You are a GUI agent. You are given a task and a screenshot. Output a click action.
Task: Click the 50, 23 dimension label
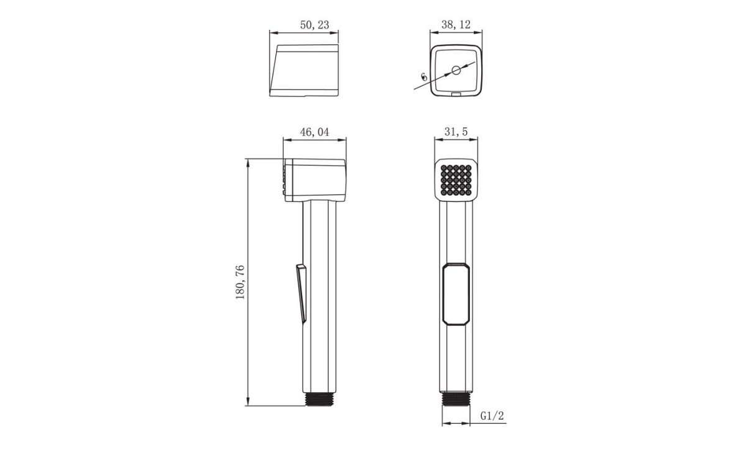315,25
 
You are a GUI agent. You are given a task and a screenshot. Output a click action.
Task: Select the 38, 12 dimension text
456,25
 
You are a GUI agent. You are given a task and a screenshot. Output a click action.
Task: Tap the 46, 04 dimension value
315,132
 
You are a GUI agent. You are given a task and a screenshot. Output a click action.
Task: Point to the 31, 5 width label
456,132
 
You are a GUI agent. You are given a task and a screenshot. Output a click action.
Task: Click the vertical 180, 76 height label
240,282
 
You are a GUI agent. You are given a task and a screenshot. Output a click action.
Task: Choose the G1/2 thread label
492,415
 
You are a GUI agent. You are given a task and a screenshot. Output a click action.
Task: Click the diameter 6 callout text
424,77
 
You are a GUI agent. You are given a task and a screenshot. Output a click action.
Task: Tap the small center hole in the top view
456,70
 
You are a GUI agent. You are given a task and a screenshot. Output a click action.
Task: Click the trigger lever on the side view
302,293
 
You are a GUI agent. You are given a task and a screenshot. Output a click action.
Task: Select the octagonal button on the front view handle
456,294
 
